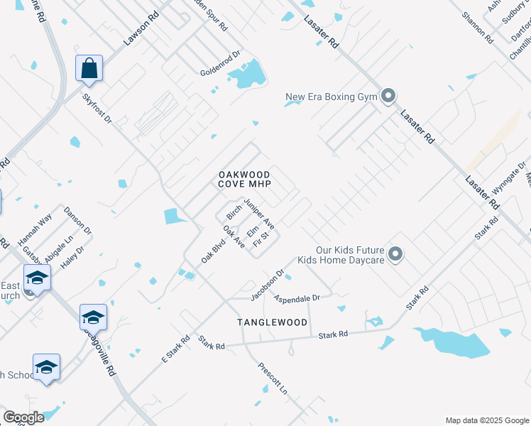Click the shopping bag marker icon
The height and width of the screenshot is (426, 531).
(89, 68)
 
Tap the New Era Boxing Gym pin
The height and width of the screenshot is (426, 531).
(388, 96)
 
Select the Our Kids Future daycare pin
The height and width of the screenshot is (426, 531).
(396, 253)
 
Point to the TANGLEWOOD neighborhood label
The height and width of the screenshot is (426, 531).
(273, 322)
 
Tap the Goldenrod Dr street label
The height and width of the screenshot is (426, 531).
(221, 65)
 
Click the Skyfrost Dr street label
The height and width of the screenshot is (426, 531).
(97, 109)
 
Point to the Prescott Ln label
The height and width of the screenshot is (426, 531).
(273, 381)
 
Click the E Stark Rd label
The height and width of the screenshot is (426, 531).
(175, 348)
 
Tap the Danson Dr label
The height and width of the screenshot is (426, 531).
(77, 221)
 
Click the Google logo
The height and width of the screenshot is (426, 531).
(23, 417)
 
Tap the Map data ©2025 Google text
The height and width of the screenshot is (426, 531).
(486, 420)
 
